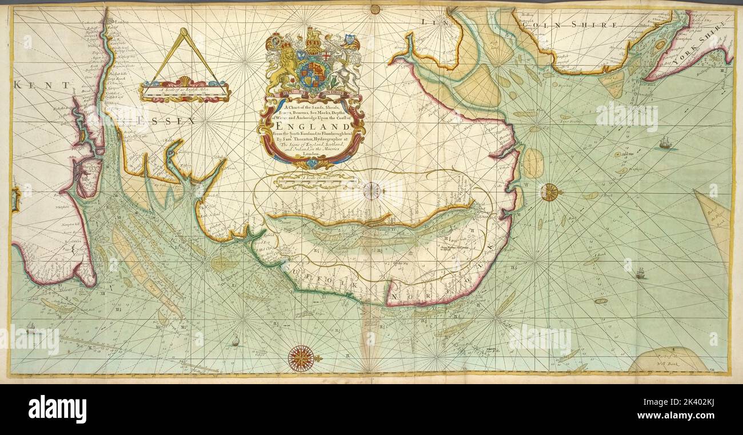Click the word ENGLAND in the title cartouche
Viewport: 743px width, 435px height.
coord(312,126)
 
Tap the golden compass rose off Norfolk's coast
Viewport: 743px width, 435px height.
coord(550,192)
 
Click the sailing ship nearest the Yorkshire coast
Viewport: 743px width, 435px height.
coord(665,143)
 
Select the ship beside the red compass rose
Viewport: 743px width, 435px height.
coord(235,342)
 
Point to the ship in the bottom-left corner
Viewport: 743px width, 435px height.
coord(31,328)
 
